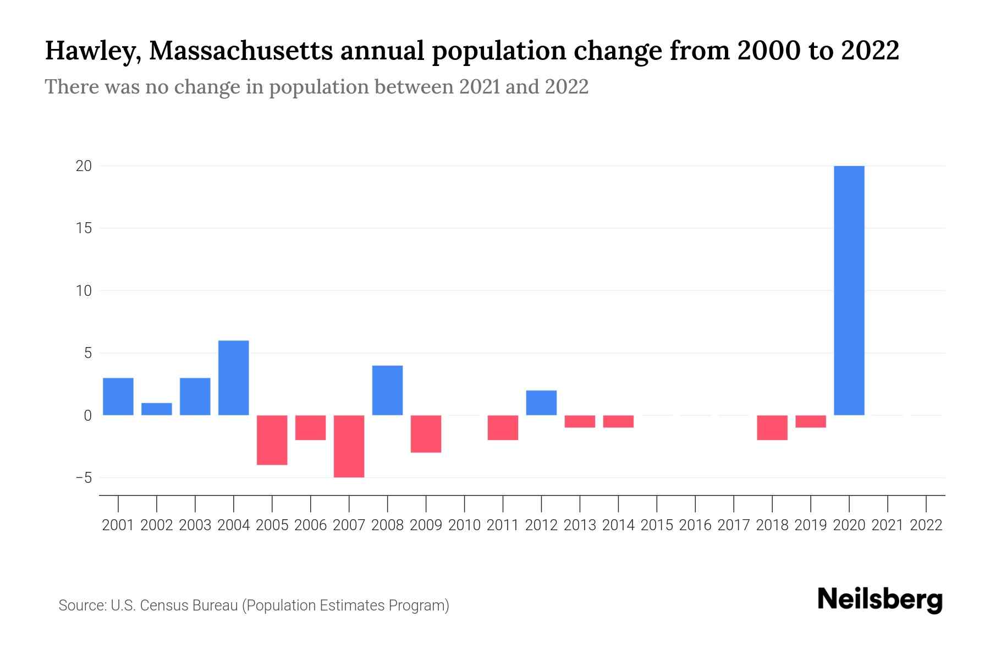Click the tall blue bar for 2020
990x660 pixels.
(x=849, y=290)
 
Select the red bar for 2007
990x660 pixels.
(x=349, y=446)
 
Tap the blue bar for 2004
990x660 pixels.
(x=233, y=378)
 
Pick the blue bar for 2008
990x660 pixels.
(x=387, y=390)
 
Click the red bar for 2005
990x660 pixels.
(x=272, y=440)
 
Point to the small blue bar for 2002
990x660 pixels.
(x=157, y=409)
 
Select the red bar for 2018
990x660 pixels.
(x=772, y=427)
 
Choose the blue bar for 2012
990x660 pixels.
(x=541, y=403)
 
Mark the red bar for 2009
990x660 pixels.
(x=426, y=433)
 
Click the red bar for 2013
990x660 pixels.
(x=580, y=421)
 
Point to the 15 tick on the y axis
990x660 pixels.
(x=84, y=228)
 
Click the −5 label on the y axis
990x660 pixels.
(x=84, y=478)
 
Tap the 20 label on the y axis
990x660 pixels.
(x=84, y=166)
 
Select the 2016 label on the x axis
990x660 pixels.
(x=695, y=525)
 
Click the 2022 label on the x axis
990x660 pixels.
(x=926, y=525)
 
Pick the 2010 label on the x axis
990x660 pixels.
(x=464, y=525)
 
